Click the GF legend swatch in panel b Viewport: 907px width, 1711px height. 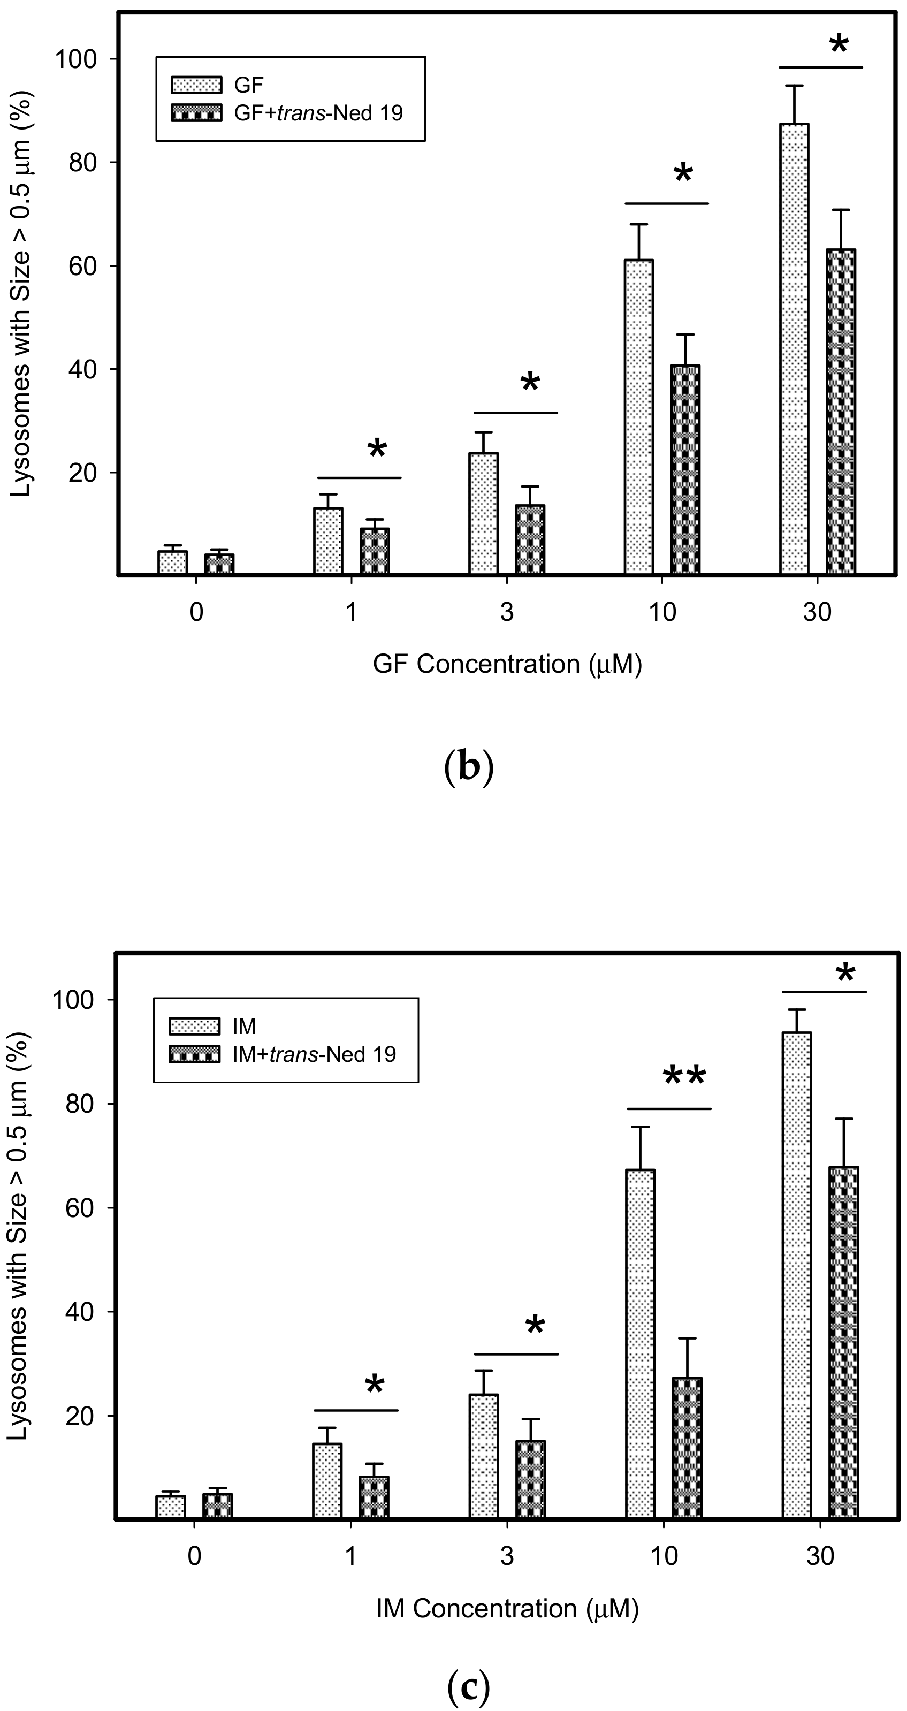click(196, 85)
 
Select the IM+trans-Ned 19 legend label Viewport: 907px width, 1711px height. click(314, 1055)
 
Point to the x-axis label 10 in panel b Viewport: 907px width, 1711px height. click(662, 612)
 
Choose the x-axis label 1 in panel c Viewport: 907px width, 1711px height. click(350, 1556)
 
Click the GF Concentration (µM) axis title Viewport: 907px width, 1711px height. click(507, 664)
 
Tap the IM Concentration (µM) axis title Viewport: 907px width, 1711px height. click(507, 1609)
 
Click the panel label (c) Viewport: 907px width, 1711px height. click(468, 1686)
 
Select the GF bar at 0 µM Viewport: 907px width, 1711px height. click(173, 562)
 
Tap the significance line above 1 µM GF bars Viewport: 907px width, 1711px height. click(359, 477)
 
